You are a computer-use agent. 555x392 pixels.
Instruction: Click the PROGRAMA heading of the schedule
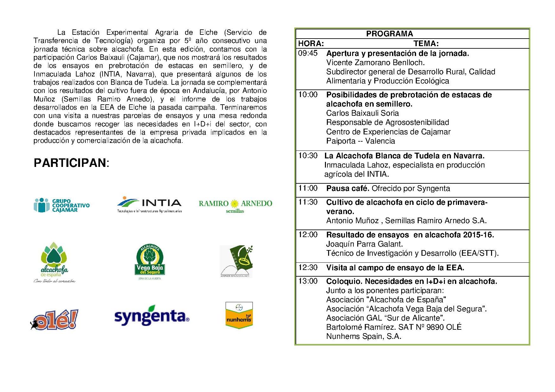[389, 34]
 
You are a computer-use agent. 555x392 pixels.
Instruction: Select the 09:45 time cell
[308, 53]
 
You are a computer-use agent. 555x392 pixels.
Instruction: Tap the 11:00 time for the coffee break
[308, 188]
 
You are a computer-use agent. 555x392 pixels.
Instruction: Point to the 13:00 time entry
[308, 281]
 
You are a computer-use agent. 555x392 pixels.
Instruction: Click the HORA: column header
[311, 44]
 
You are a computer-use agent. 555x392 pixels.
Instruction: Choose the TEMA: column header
[426, 44]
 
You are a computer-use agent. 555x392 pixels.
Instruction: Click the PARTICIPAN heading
[71, 163]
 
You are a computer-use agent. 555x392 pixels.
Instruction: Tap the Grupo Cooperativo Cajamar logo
[62, 205]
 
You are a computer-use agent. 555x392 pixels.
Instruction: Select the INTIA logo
[149, 205]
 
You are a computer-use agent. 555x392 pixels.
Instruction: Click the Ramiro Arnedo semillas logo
[235, 206]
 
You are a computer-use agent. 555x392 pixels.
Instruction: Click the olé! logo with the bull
[54, 319]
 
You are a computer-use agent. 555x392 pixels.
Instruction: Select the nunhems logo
[239, 315]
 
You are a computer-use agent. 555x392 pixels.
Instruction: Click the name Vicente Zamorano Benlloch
[375, 63]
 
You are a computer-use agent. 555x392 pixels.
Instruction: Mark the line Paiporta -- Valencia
[360, 141]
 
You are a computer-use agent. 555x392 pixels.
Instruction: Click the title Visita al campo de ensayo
[395, 268]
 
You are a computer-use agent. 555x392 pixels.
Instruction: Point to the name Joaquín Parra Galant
[364, 244]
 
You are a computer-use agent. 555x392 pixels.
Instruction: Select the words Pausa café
[347, 188]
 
